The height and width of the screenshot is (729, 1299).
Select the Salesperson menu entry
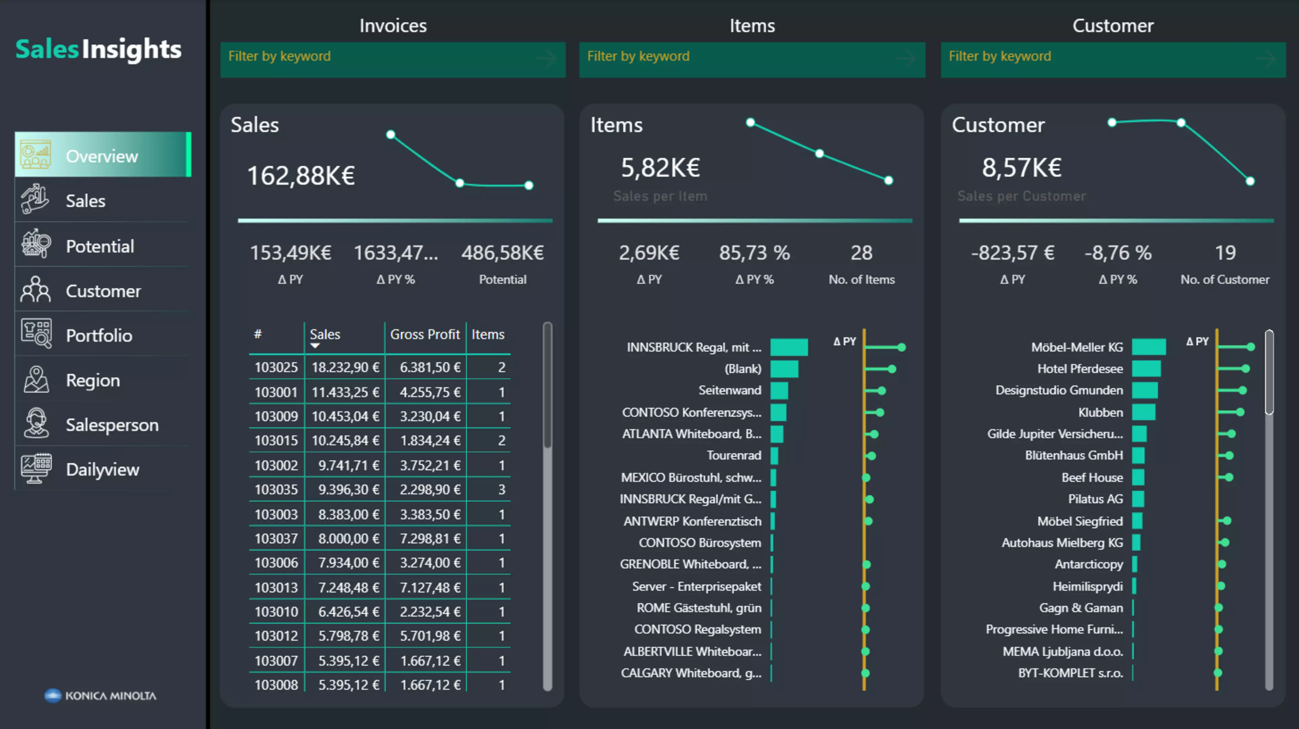click(112, 425)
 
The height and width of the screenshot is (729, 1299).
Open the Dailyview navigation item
click(102, 469)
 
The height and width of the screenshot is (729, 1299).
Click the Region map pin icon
click(36, 380)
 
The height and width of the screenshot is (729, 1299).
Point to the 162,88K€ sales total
click(301, 175)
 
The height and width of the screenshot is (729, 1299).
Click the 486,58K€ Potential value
click(502, 253)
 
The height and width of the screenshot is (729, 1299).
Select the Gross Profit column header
click(425, 334)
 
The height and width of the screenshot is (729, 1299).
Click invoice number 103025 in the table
click(276, 367)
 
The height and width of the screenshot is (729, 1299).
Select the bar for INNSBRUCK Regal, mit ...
click(789, 347)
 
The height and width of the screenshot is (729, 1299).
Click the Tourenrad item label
click(734, 455)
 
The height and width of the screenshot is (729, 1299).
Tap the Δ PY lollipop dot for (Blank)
click(892, 369)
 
